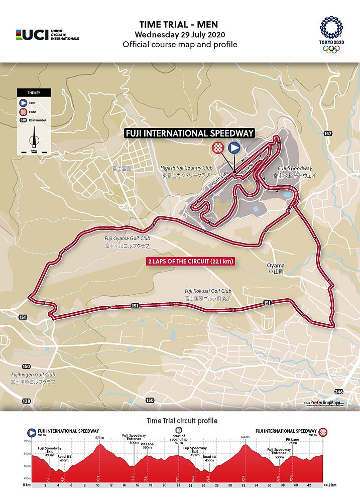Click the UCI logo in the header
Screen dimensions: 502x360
pyautogui.click(x=47, y=34)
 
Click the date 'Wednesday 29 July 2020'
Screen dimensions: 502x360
pyautogui.click(x=179, y=34)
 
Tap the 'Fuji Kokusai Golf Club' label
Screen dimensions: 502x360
pyautogui.click(x=208, y=291)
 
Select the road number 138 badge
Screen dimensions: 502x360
pyautogui.click(x=26, y=401)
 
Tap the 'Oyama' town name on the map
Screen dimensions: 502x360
pyautogui.click(x=276, y=266)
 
